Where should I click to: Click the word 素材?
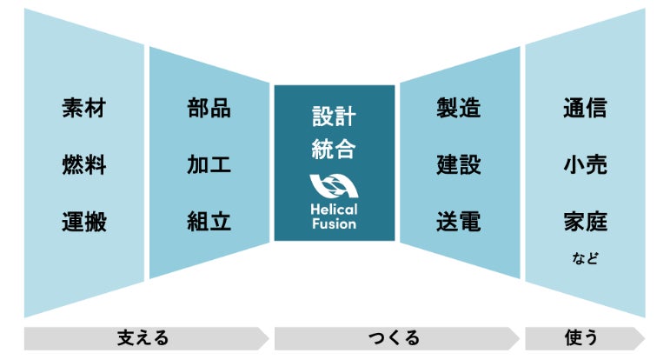click(x=84, y=109)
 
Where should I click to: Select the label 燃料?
click(x=84, y=165)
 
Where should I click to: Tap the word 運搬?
click(x=84, y=222)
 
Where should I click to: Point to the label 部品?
click(x=209, y=109)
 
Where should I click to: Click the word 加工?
click(x=209, y=165)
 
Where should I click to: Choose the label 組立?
click(x=209, y=222)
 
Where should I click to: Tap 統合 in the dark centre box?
click(x=334, y=150)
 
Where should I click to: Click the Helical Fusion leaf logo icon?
click(x=334, y=187)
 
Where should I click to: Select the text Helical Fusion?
click(x=334, y=216)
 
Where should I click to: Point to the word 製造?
click(x=459, y=109)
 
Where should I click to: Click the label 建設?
click(x=459, y=165)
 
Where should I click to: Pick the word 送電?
click(x=459, y=222)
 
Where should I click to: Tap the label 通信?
click(x=585, y=109)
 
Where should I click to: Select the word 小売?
click(x=585, y=165)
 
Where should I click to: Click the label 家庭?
click(x=585, y=222)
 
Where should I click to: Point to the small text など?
click(x=586, y=258)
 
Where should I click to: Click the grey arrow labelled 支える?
click(x=143, y=337)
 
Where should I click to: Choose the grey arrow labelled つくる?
click(x=395, y=337)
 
